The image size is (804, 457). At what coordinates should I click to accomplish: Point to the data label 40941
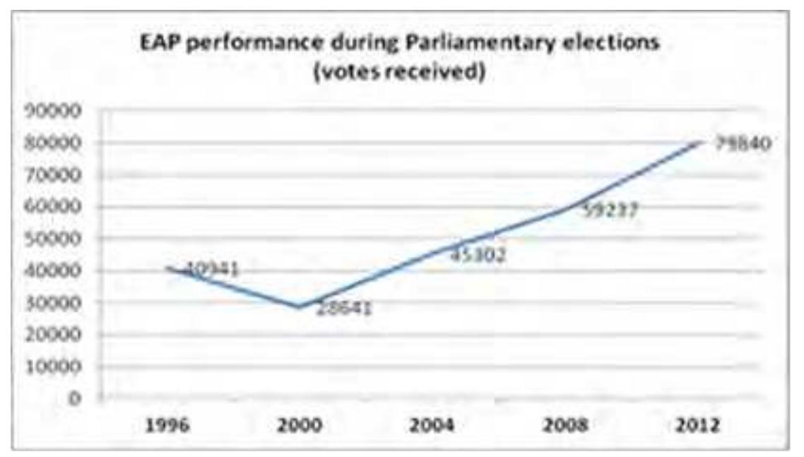pyautogui.click(x=213, y=269)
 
